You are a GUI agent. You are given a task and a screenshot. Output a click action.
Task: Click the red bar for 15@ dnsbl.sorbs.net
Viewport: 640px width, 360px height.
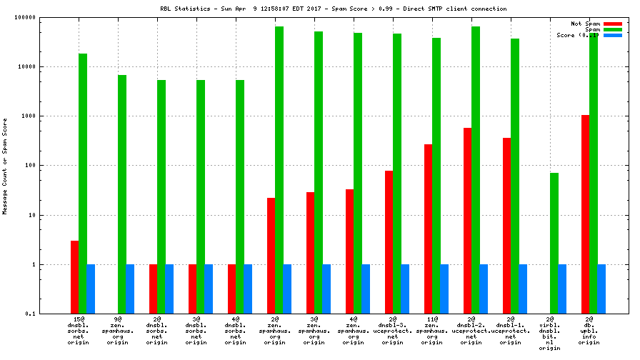(74, 277)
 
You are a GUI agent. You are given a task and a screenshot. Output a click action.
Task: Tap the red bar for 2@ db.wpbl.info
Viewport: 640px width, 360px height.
(585, 214)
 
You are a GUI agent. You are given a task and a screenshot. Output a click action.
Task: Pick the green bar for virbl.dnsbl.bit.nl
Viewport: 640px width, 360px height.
(554, 243)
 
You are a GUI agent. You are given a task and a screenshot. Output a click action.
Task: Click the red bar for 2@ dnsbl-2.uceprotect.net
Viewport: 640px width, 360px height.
(467, 221)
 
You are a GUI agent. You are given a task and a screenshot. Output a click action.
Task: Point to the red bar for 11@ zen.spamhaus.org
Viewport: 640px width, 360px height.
(428, 229)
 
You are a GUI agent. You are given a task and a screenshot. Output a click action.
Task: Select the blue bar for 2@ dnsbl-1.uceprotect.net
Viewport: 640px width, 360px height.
(522, 289)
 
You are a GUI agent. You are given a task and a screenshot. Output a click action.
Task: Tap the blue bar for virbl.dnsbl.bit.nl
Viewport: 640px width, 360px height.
(561, 289)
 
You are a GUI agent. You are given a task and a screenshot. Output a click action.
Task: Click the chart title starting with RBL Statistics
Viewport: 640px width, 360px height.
(334, 9)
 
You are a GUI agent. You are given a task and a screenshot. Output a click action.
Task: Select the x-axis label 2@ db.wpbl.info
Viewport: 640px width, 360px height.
(589, 330)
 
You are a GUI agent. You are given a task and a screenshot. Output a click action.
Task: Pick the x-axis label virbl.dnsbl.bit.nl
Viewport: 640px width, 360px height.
(550, 333)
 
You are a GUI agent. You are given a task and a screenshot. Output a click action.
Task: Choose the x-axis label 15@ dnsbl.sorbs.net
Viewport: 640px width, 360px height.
(79, 330)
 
